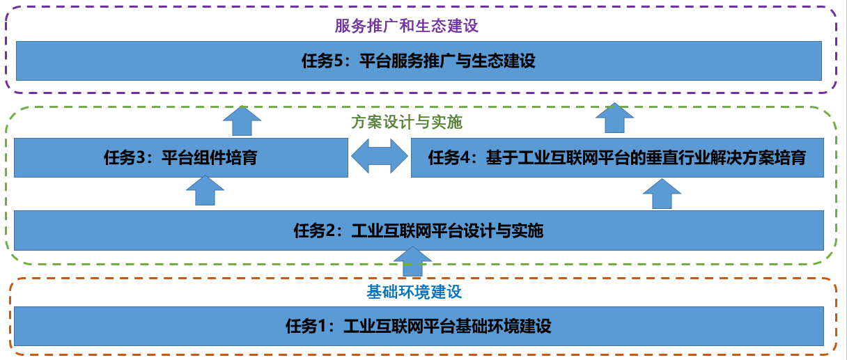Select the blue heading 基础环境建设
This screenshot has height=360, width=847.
click(414, 292)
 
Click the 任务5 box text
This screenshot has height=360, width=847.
click(418, 61)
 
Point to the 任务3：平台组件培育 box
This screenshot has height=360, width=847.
click(180, 157)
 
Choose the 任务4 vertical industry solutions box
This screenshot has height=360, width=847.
click(616, 157)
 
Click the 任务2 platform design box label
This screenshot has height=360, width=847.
click(418, 230)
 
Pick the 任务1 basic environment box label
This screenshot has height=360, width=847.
click(418, 326)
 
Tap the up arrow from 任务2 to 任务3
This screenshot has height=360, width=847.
click(205, 190)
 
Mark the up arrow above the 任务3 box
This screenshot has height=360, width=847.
click(242, 120)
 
